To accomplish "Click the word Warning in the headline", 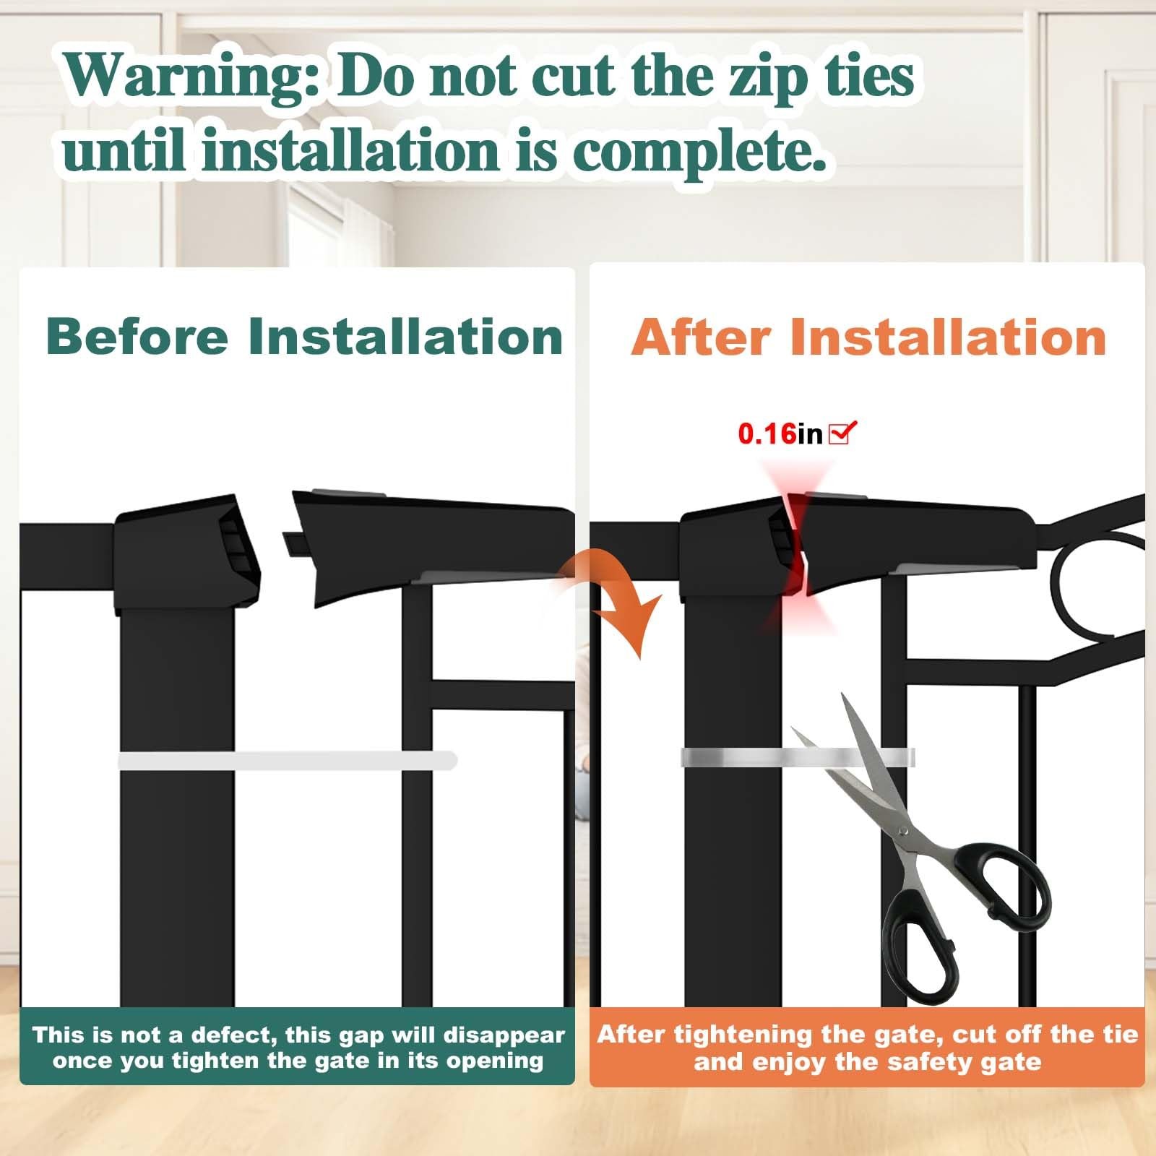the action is [191, 77].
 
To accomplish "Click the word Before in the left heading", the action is [137, 337].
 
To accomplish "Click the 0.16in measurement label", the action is [780, 433].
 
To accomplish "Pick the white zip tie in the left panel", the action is [288, 760].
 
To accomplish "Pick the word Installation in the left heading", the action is [405, 337].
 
